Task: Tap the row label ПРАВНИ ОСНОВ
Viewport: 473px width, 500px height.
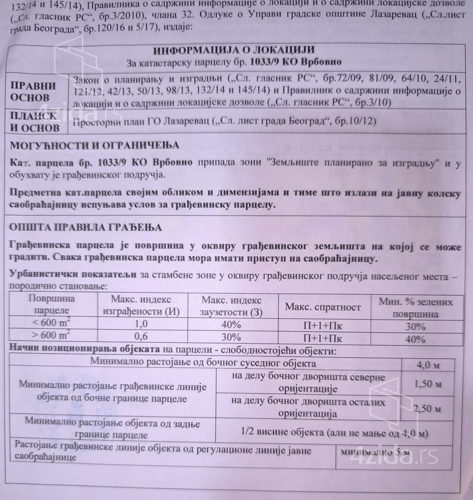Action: [33, 92]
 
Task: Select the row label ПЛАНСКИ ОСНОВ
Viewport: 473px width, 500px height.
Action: [35, 122]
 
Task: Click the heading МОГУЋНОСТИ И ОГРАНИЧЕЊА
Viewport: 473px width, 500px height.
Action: [95, 145]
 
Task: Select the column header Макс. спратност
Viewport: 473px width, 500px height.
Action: [323, 307]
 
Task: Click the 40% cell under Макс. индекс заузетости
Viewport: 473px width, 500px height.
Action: [230, 324]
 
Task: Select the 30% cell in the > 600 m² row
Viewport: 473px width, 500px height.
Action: [230, 337]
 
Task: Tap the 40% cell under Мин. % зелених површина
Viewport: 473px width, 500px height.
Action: [415, 339]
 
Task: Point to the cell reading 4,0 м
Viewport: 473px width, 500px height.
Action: [428, 365]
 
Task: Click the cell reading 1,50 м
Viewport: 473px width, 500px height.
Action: [428, 384]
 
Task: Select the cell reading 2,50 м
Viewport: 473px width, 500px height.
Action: [428, 409]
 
